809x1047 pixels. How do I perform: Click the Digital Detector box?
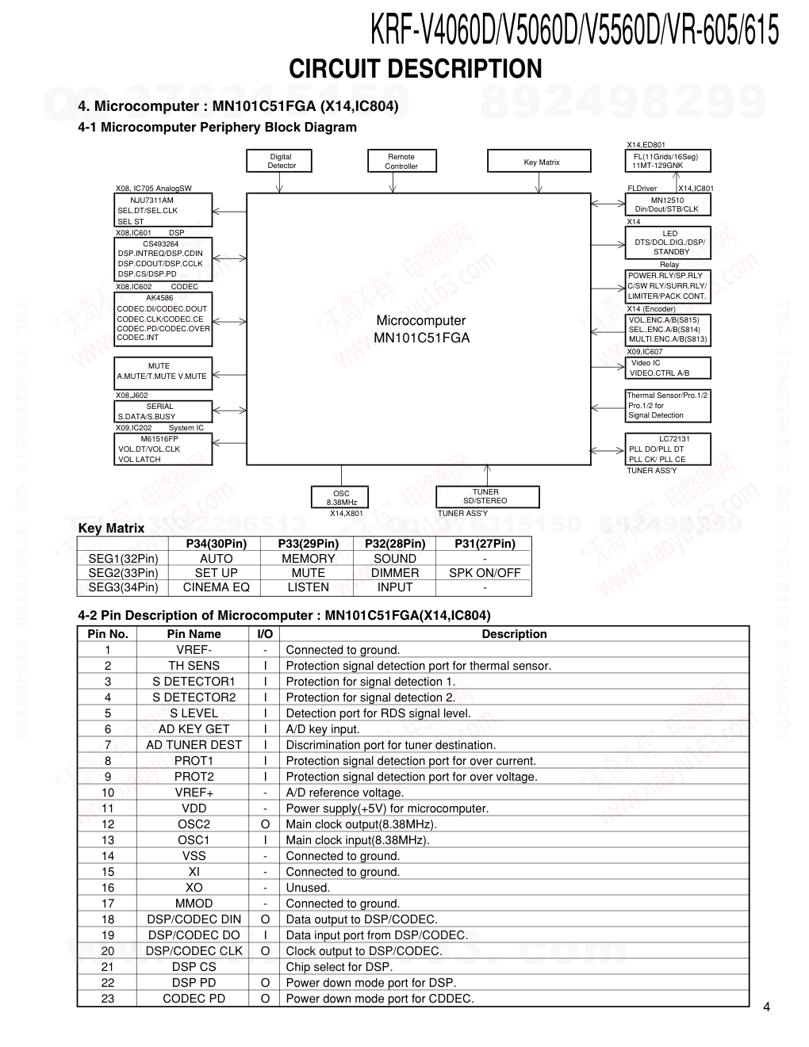282,161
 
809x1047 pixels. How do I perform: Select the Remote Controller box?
401,161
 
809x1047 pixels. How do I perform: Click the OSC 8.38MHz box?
341,498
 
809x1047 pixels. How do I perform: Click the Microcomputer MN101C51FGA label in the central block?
421,329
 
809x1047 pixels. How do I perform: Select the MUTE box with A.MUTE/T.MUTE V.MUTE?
162,371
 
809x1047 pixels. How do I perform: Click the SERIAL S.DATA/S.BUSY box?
162,411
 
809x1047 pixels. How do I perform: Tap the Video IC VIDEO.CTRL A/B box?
668,368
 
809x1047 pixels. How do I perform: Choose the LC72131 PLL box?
668,449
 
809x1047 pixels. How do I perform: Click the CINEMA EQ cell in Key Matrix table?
216,587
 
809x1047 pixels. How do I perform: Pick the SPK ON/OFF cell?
485,573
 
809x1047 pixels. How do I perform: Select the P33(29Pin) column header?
308,544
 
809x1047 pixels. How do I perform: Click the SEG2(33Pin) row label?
123,573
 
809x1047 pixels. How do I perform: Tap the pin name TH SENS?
194,666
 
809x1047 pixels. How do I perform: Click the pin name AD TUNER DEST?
194,745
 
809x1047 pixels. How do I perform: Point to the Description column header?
514,634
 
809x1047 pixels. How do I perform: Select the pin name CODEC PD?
194,999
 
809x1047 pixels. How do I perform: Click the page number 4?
766,1007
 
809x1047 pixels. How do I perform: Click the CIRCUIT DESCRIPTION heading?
415,69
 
